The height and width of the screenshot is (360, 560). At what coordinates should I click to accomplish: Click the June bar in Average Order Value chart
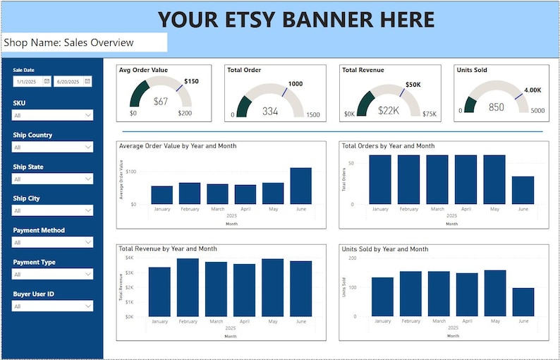pos(300,186)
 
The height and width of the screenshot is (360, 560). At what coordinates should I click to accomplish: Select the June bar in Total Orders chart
pos(523,191)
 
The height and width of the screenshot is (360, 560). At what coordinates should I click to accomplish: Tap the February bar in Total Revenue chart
pos(188,287)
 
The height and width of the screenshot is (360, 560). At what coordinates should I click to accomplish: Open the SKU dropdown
pos(52,115)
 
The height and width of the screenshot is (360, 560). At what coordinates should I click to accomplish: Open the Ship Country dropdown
pos(52,147)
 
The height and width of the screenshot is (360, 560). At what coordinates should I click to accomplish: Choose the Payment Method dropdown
pos(52,242)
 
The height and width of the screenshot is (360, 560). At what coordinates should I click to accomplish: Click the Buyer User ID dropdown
pos(52,306)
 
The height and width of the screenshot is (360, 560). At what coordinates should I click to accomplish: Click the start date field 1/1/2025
pos(28,82)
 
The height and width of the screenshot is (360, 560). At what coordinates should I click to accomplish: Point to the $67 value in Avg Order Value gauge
pos(161,102)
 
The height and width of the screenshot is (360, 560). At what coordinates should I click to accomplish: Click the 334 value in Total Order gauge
pos(270,111)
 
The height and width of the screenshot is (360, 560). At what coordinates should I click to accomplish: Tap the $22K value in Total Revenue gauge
pos(389,110)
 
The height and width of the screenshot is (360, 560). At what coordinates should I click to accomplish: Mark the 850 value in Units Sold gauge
pos(497,107)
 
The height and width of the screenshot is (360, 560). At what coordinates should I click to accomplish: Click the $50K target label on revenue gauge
pos(413,84)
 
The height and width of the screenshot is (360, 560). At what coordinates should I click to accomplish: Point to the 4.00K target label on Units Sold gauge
pos(532,90)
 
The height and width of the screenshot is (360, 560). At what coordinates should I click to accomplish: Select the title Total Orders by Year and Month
pos(388,146)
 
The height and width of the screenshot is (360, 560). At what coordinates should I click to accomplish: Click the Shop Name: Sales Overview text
pos(68,42)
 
